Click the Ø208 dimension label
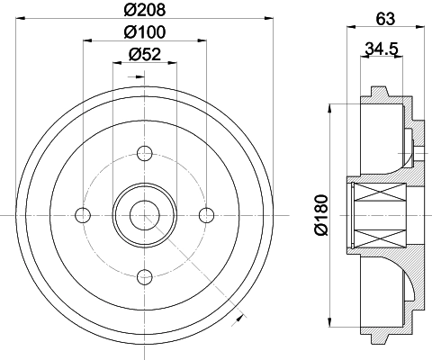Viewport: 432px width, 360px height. point(144,12)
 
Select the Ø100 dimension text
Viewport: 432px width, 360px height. point(144,33)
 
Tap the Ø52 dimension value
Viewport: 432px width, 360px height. point(144,54)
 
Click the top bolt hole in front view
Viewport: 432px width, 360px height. point(144,151)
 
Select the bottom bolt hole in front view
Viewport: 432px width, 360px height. point(144,275)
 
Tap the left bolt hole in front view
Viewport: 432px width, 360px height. point(83,213)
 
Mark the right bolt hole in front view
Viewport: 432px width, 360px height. point(206,213)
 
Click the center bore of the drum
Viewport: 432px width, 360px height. point(144,213)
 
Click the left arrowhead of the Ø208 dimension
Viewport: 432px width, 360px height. point(20,20)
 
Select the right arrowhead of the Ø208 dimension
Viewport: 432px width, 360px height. point(268,20)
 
